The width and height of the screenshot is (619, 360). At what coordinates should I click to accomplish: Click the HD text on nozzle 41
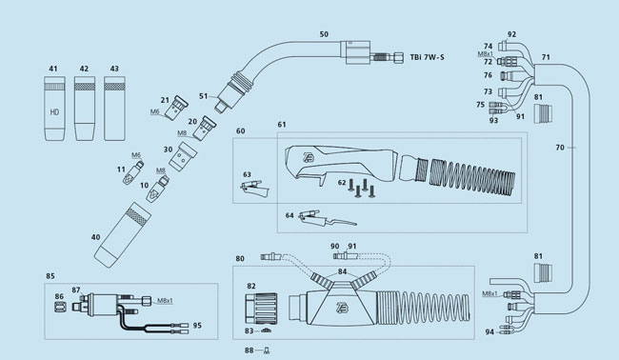click(54, 112)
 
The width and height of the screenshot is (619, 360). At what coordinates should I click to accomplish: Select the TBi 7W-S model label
click(427, 57)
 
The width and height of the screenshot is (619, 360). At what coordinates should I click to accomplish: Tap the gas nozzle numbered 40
click(123, 235)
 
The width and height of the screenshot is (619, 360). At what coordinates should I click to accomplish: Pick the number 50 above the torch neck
click(324, 34)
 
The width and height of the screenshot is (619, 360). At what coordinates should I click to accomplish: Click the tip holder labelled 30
click(183, 157)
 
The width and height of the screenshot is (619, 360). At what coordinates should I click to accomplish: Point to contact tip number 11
click(133, 173)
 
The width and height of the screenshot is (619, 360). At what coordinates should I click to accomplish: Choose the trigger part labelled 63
click(254, 188)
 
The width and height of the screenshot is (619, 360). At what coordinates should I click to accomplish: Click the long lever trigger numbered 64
click(327, 218)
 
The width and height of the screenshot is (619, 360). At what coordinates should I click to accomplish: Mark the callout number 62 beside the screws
click(342, 183)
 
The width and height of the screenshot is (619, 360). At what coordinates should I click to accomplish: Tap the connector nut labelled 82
click(261, 309)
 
